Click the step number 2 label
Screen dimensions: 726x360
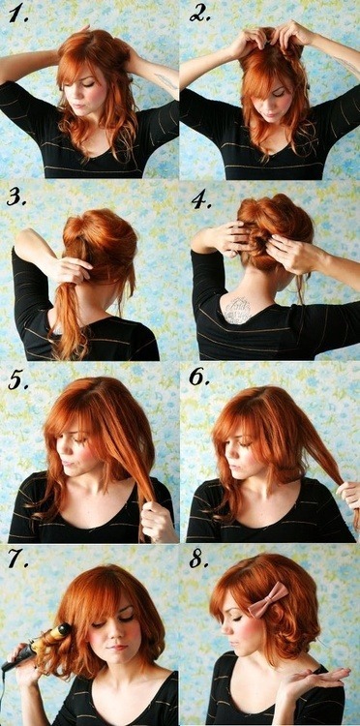point(200,14)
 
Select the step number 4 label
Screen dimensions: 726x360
point(200,200)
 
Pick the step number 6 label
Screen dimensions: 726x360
point(199,378)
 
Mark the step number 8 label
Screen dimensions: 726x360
point(199,560)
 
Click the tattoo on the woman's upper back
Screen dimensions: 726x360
point(237,310)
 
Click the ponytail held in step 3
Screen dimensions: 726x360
point(68,310)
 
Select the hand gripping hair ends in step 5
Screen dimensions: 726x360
point(155,521)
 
